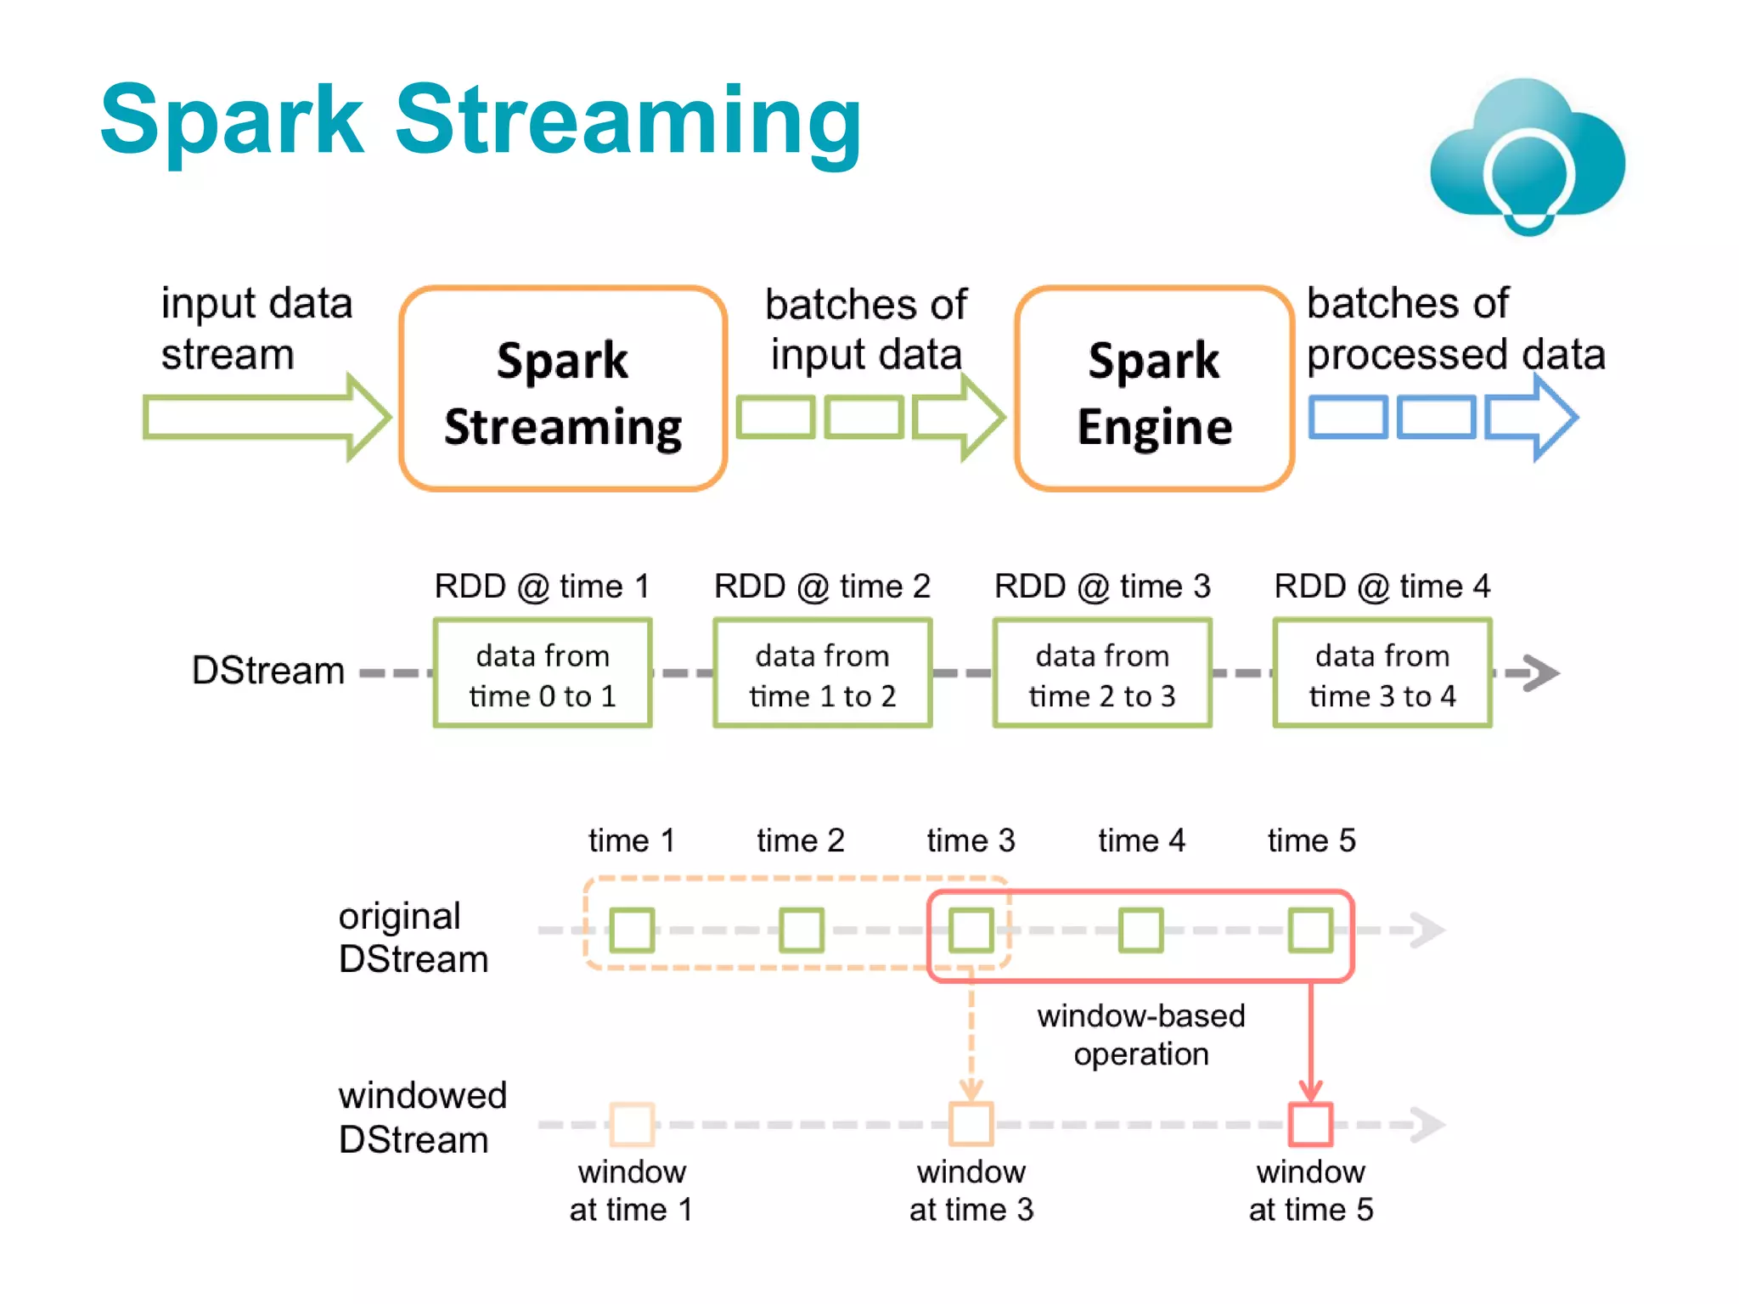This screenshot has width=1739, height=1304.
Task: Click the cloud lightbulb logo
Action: click(x=1527, y=157)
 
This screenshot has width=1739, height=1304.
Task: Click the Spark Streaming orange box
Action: click(x=562, y=390)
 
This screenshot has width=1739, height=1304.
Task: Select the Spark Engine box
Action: click(x=1154, y=390)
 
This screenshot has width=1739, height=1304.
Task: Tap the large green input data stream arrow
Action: click(x=265, y=417)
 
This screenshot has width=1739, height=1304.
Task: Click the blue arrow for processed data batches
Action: click(x=1531, y=418)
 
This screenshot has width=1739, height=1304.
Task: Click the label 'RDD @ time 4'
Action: click(x=1382, y=587)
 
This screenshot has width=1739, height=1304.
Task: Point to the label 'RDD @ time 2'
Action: click(x=822, y=587)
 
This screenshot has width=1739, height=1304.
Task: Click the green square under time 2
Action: click(x=802, y=930)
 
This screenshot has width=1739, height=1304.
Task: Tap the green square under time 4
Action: click(x=1140, y=930)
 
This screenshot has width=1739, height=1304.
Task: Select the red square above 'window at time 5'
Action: click(x=1310, y=1124)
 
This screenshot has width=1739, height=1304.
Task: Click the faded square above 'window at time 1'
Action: click(x=632, y=1124)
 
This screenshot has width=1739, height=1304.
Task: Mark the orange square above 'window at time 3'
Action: click(x=971, y=1124)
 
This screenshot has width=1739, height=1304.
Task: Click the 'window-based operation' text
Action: click(x=1140, y=1035)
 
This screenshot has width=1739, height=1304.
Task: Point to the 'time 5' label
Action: click(x=1311, y=840)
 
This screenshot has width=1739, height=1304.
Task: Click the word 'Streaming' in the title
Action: click(x=628, y=121)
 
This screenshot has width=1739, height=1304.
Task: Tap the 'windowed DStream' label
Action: click(x=421, y=1117)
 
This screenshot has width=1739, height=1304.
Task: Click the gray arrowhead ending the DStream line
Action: click(x=1540, y=673)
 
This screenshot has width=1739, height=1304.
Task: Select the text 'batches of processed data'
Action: click(x=1455, y=329)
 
